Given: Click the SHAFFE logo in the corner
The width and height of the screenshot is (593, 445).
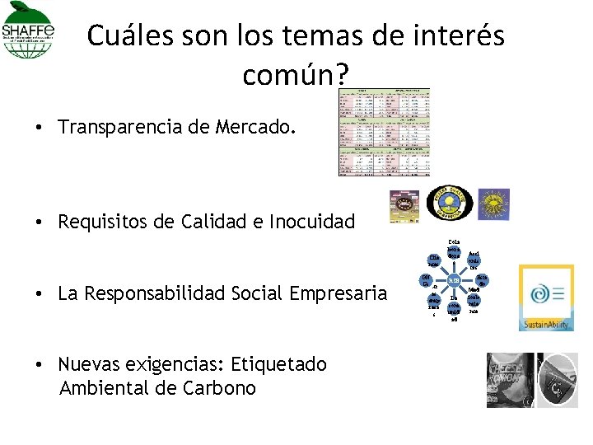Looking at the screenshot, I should pos(29,31).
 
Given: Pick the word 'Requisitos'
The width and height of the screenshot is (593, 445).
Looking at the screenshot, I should pos(101,221).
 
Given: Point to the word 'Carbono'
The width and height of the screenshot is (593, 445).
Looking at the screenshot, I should pos(222,388).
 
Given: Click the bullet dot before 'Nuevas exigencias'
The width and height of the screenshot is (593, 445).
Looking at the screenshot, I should pos(40,364).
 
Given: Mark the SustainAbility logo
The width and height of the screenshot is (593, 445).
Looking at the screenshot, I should pos(546,298).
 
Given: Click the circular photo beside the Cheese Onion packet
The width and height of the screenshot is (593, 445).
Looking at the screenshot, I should pos(558,380).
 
